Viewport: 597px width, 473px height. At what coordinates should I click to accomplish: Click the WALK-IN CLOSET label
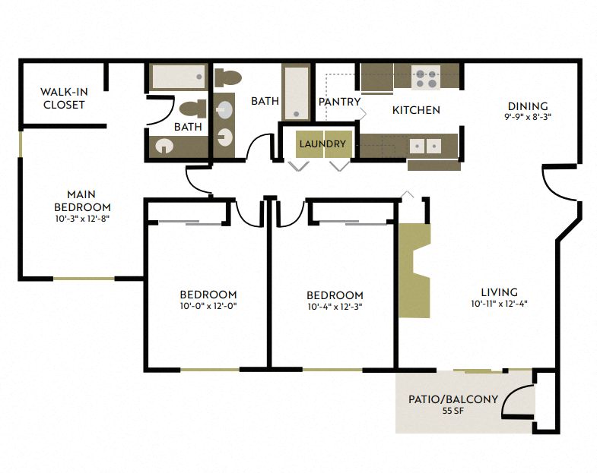tap(64, 99)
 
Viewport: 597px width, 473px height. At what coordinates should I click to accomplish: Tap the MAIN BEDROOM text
tap(82, 200)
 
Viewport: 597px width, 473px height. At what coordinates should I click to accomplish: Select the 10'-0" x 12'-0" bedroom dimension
tap(208, 307)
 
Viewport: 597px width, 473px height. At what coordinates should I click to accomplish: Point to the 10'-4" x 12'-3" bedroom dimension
tap(335, 307)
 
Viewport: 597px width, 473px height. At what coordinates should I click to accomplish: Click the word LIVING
tap(499, 292)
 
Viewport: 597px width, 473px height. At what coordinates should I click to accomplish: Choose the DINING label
tap(528, 106)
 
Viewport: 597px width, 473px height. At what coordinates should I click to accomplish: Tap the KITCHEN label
tap(416, 110)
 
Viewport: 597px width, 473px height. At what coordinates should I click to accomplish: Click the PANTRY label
tap(339, 102)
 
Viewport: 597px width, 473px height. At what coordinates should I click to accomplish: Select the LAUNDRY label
tap(322, 143)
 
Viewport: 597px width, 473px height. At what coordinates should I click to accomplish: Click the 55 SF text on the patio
tap(453, 411)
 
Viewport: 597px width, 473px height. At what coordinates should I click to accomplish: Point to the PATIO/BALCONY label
tap(453, 399)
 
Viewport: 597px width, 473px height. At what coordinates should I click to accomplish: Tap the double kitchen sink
tap(424, 144)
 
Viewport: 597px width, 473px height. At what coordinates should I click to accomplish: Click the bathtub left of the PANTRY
tap(296, 93)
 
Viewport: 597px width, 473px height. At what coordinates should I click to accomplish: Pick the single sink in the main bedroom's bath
tap(164, 146)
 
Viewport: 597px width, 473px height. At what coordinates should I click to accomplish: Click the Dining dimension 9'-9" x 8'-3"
tap(528, 118)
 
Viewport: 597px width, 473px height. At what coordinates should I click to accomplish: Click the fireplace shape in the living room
tap(414, 270)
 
